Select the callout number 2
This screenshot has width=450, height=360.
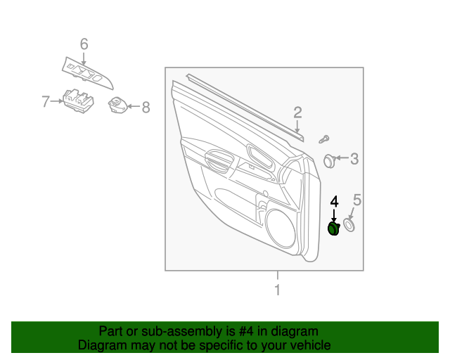pos(297,112)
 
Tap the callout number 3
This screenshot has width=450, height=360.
pos(354,160)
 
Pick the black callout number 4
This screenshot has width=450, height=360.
pos(334,202)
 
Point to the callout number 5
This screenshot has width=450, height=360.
pos(356,201)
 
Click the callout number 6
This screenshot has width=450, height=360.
pos(84,45)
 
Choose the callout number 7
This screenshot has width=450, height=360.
pos(46,102)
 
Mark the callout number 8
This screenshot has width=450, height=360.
pos(146,108)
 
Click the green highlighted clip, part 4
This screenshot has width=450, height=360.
pos(335,229)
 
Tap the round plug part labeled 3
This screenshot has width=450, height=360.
pos(329,160)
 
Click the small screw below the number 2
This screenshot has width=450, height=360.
pos(325,139)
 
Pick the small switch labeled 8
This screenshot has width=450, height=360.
pos(117,105)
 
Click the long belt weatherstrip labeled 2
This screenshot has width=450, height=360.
pos(246,105)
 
